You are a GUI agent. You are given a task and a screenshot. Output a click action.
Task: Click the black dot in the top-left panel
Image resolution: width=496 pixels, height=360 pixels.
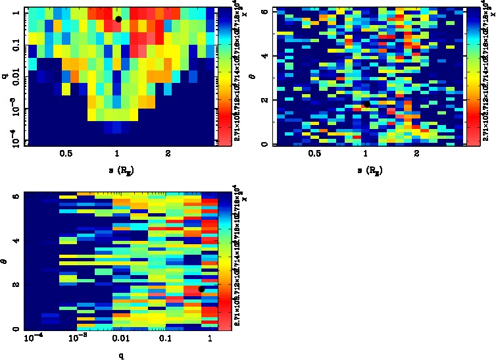pos(118,19)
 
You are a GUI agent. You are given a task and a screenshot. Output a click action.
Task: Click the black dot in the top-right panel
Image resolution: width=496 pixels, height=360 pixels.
pos(367,103)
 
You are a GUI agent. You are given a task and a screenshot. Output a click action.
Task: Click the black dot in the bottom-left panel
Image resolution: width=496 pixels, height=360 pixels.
pos(201,289)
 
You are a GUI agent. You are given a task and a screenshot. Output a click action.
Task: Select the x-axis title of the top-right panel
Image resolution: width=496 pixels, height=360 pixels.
pos(366,170)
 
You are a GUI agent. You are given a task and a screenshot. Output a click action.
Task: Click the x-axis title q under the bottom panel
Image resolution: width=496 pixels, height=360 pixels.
pos(122,356)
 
